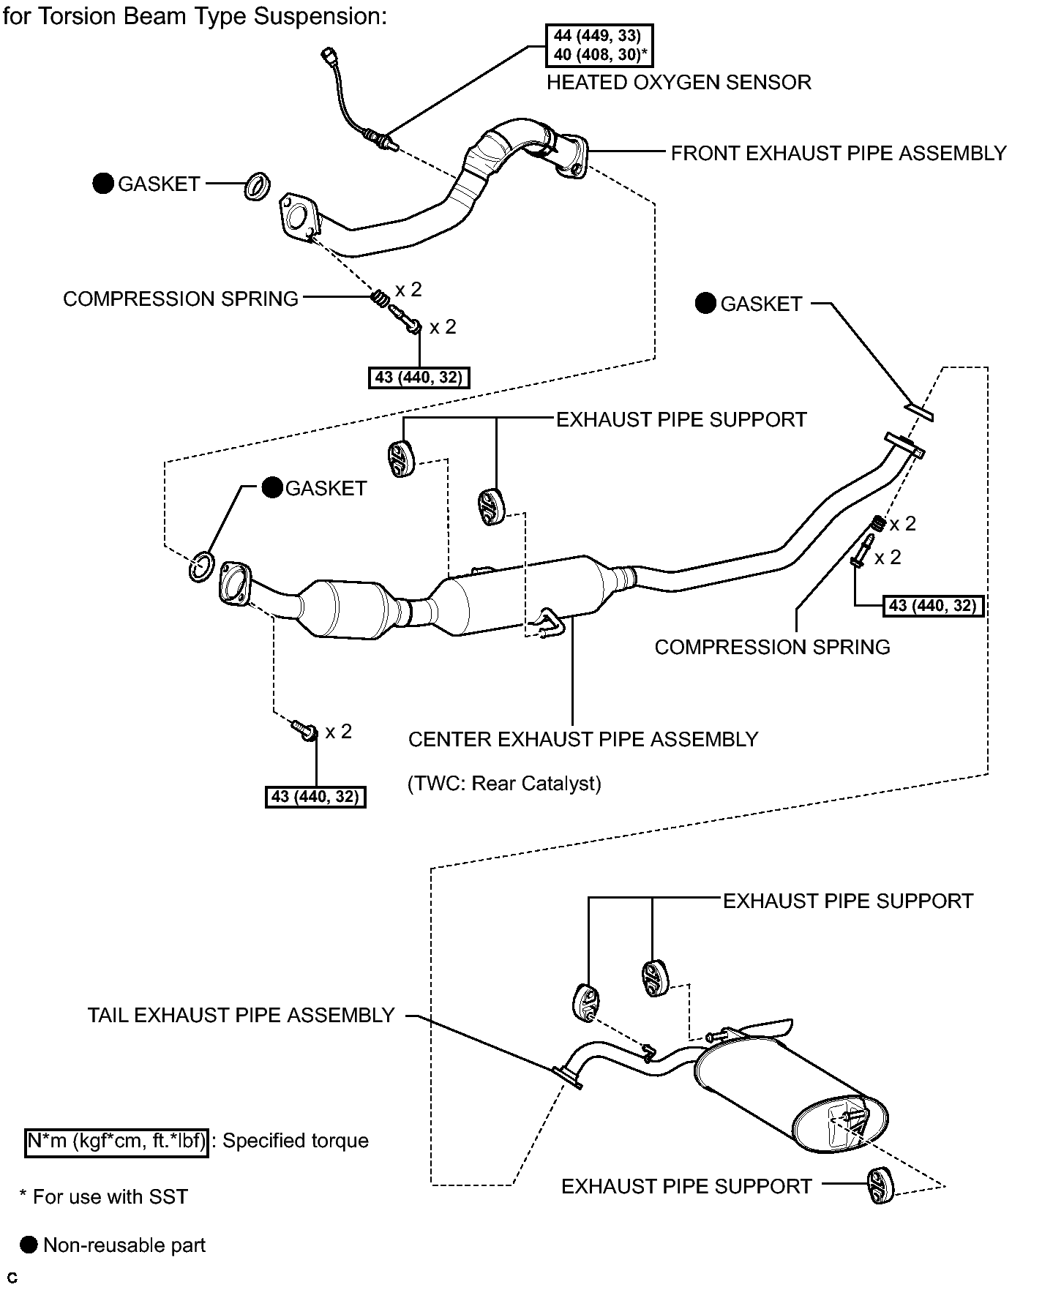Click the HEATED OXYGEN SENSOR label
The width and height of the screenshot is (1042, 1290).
[x=678, y=82]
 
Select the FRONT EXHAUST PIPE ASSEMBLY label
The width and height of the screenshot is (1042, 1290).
[x=839, y=154]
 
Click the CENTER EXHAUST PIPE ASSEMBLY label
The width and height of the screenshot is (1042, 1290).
[x=583, y=739]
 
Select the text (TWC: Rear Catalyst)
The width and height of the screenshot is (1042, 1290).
[x=504, y=784]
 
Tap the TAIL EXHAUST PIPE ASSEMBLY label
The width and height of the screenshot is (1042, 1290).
[x=241, y=1016]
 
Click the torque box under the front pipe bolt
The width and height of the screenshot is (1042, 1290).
[x=419, y=378]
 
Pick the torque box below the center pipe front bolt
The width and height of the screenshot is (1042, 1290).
[x=315, y=796]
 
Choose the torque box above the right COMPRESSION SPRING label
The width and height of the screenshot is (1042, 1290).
[x=933, y=606]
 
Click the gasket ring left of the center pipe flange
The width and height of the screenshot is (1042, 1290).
[x=201, y=567]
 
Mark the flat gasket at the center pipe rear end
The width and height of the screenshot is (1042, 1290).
[x=919, y=412]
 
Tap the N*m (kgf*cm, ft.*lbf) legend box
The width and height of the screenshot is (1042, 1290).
[x=117, y=1141]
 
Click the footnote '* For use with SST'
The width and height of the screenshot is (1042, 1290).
[x=103, y=1196]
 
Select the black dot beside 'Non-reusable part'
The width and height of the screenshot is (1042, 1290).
[x=29, y=1245]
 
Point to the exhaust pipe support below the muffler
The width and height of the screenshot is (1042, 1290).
[x=880, y=1186]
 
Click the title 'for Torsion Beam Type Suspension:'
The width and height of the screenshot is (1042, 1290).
[x=195, y=16]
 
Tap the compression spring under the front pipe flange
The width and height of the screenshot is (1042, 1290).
[x=379, y=299]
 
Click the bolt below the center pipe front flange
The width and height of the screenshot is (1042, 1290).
[x=304, y=730]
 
